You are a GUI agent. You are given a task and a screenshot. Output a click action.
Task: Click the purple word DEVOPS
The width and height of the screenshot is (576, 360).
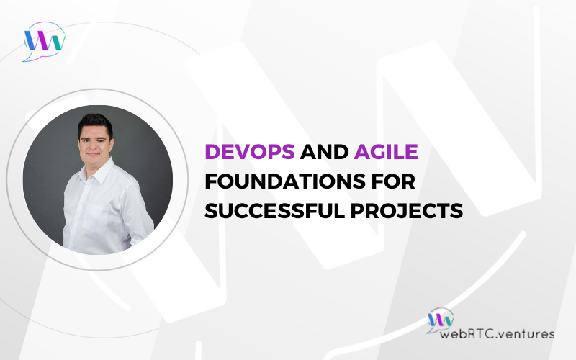click(250, 151)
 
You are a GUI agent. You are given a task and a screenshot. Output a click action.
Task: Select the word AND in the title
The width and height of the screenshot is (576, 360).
click(324, 151)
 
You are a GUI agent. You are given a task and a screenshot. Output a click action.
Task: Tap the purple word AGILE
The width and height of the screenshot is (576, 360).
click(386, 151)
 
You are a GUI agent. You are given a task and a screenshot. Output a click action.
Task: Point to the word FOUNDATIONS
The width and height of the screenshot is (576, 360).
click(285, 181)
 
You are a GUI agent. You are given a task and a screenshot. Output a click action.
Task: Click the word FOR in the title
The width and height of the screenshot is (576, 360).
click(393, 181)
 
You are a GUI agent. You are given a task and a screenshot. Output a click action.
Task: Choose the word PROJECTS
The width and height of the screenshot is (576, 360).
click(406, 211)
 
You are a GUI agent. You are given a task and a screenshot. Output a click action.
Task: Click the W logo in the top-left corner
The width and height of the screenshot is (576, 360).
click(44, 41)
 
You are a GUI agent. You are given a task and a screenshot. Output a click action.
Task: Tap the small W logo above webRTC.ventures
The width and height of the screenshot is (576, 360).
click(440, 320)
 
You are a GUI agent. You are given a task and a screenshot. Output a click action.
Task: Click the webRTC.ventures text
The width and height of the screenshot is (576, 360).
click(497, 334)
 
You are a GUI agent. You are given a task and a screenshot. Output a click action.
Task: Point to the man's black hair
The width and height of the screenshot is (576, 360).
click(95, 124)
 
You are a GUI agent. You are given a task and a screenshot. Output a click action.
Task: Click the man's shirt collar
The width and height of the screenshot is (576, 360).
click(96, 172)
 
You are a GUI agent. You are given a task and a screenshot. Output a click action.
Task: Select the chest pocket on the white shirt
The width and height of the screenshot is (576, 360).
click(96, 218)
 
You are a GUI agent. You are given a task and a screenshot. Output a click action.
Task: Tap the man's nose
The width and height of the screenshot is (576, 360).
click(93, 145)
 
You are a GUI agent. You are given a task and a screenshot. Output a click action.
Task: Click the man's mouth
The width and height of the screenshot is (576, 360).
click(93, 154)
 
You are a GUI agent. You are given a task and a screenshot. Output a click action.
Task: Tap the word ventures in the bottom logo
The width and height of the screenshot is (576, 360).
click(528, 334)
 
